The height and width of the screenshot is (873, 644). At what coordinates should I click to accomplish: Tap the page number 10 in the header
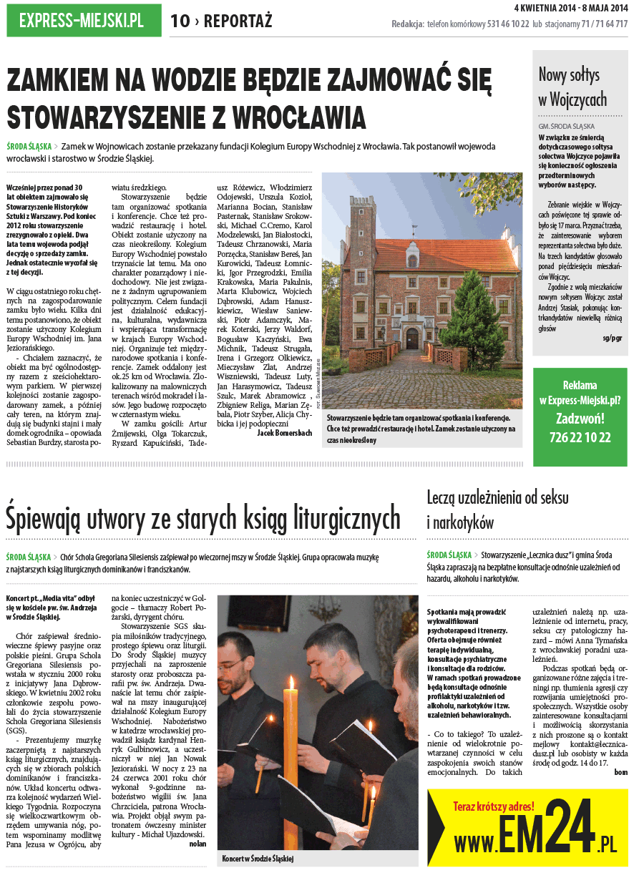pos(180,21)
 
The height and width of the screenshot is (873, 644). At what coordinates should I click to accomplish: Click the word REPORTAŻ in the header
pos(238,21)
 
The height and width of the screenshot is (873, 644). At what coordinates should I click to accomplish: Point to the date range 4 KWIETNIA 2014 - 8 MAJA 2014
pos(571,8)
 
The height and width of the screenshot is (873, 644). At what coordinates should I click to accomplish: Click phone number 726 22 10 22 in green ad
pos(580,437)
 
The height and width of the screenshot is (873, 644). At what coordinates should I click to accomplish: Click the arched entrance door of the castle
pos(414,336)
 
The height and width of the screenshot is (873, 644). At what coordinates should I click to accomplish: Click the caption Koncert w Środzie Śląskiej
pos(258,858)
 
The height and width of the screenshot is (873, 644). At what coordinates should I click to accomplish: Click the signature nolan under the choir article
pos(197,844)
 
